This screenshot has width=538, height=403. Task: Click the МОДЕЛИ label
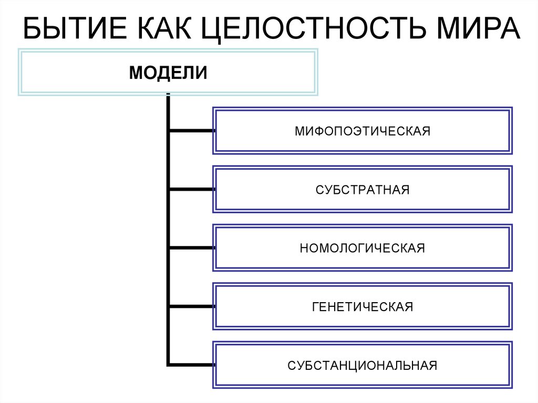pos(168,72)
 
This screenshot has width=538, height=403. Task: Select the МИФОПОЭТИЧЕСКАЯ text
pos(362,131)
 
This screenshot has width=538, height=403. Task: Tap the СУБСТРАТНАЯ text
pos(362,190)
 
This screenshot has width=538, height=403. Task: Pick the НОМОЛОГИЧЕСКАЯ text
pos(362,248)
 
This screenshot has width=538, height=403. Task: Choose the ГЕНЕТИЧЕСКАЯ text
pos(362,307)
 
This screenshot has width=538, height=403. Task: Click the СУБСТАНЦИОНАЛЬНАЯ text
pos(362,365)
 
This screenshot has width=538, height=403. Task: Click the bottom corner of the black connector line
pos(168,364)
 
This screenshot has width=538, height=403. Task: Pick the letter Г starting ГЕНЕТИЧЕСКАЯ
pos(315,307)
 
